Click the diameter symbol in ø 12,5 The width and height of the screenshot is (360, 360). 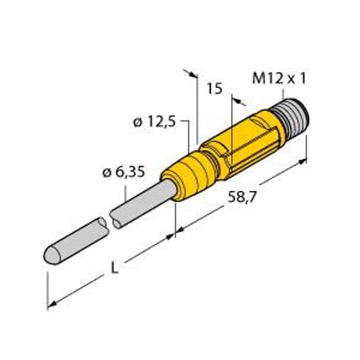pos(137,123)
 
